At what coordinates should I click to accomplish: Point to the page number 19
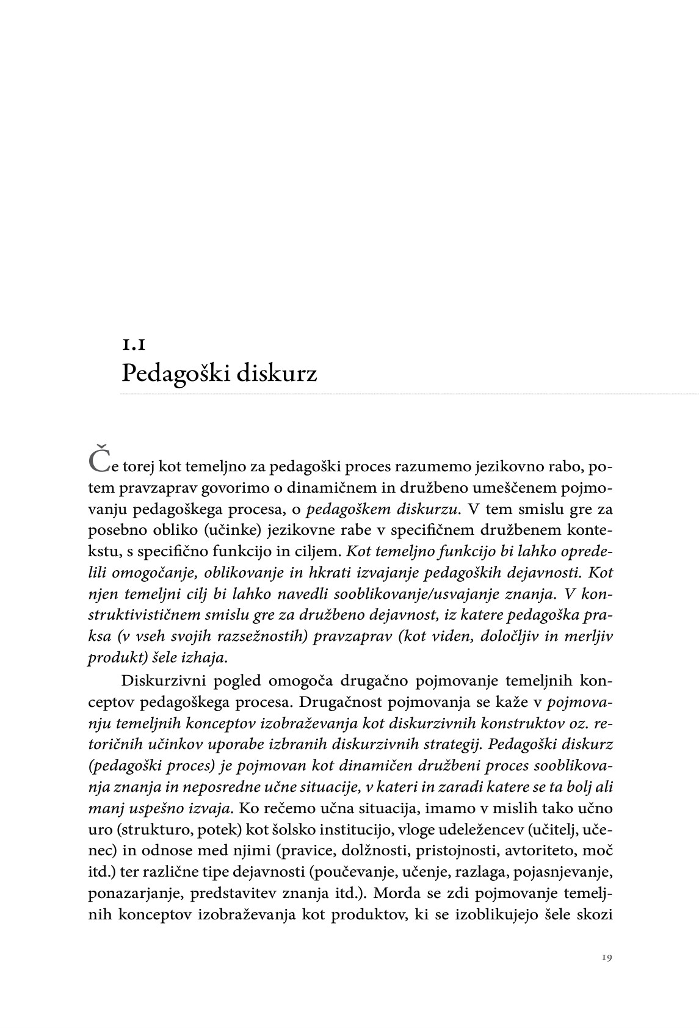click(x=606, y=958)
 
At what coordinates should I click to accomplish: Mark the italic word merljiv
click(x=588, y=636)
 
